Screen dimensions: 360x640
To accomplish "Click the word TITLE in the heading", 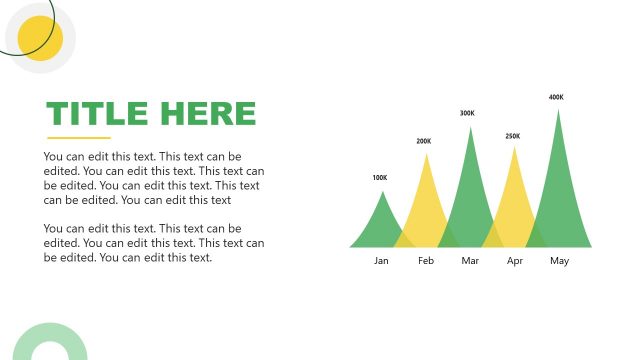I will [x=97, y=114].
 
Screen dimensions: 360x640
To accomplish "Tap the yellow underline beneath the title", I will [x=79, y=138].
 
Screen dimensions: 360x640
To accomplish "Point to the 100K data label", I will [x=379, y=178].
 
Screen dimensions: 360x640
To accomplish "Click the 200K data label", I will [x=424, y=141].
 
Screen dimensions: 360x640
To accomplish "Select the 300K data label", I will [x=467, y=113].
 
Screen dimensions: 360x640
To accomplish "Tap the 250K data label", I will [x=513, y=136].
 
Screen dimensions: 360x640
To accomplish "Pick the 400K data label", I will [x=556, y=97].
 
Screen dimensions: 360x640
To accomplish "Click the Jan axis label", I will [x=381, y=261].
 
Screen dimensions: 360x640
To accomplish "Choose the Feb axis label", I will [x=426, y=261].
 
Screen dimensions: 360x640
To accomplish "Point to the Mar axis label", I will [x=471, y=261].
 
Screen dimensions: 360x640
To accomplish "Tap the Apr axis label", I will [x=515, y=261].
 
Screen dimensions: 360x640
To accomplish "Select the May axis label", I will [x=559, y=261].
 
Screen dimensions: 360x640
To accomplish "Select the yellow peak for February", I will [x=427, y=200].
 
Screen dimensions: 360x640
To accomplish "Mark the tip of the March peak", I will [x=470, y=129].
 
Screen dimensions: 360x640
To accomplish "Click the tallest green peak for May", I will [x=558, y=180].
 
